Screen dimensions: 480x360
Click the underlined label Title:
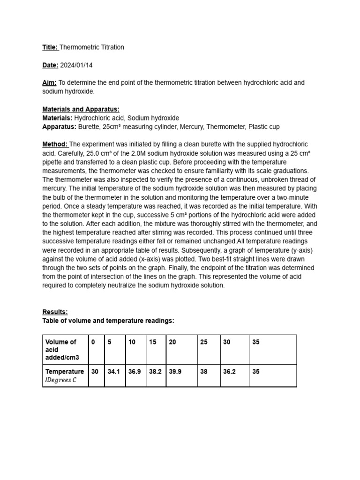point(50,47)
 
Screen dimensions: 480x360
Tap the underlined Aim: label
point(49,83)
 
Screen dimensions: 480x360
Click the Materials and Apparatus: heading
point(81,110)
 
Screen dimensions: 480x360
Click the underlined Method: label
point(55,144)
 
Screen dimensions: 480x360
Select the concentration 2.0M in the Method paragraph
point(143,153)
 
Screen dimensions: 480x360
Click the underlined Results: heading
point(55,312)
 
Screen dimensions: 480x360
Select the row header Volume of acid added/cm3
point(61,350)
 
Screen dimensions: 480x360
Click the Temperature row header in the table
point(65,372)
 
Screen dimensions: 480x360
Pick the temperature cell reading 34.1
point(114,372)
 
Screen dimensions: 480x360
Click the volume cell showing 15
point(153,342)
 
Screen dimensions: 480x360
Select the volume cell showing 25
point(203,342)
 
